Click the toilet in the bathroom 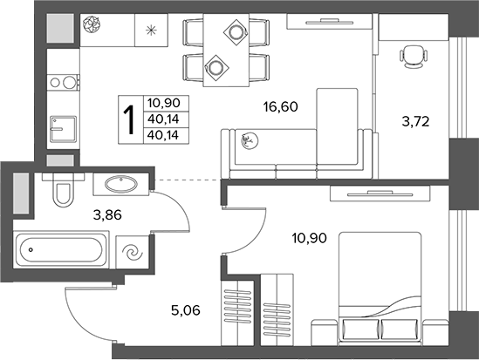coord(64,190)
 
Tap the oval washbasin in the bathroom coord(121,184)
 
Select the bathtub coord(61,250)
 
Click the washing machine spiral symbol coord(133,252)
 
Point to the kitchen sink coord(63,129)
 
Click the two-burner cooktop coord(63,82)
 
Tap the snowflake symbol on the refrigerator coord(151,31)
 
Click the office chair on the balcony coord(413,57)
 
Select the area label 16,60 coord(280,107)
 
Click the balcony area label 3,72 coord(416,122)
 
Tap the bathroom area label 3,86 coord(107,215)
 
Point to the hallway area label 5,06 coord(186,310)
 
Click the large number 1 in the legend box coord(129,119)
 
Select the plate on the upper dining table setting coord(236,31)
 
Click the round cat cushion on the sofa coord(250,140)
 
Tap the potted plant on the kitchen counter coord(92,24)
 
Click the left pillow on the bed coord(360,329)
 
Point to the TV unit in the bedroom coord(380,194)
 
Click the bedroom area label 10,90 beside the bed coord(309,238)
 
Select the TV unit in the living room coord(329,21)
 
